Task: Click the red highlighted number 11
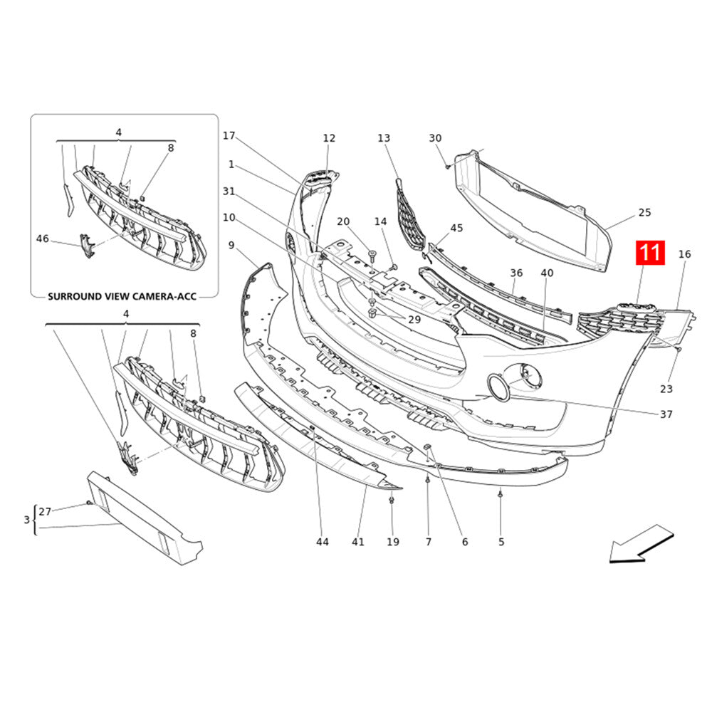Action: pos(649,253)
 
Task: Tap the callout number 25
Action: pos(644,212)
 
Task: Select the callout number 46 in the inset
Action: pos(42,239)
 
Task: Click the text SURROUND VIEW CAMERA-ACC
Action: pos(122,296)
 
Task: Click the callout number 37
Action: pos(666,414)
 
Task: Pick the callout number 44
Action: pos(323,542)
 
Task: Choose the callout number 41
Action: pos(358,542)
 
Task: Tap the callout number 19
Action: pos(393,542)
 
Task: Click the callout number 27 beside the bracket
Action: pos(45,511)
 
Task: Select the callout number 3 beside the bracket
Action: pos(26,520)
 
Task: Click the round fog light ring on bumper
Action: pos(497,387)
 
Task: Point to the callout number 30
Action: pos(435,138)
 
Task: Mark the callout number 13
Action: pos(384,138)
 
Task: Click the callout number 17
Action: pos(229,135)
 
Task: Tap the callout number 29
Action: pos(414,320)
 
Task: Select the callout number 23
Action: pos(666,389)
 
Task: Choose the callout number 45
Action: pos(456,228)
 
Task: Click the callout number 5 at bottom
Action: pos(501,542)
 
